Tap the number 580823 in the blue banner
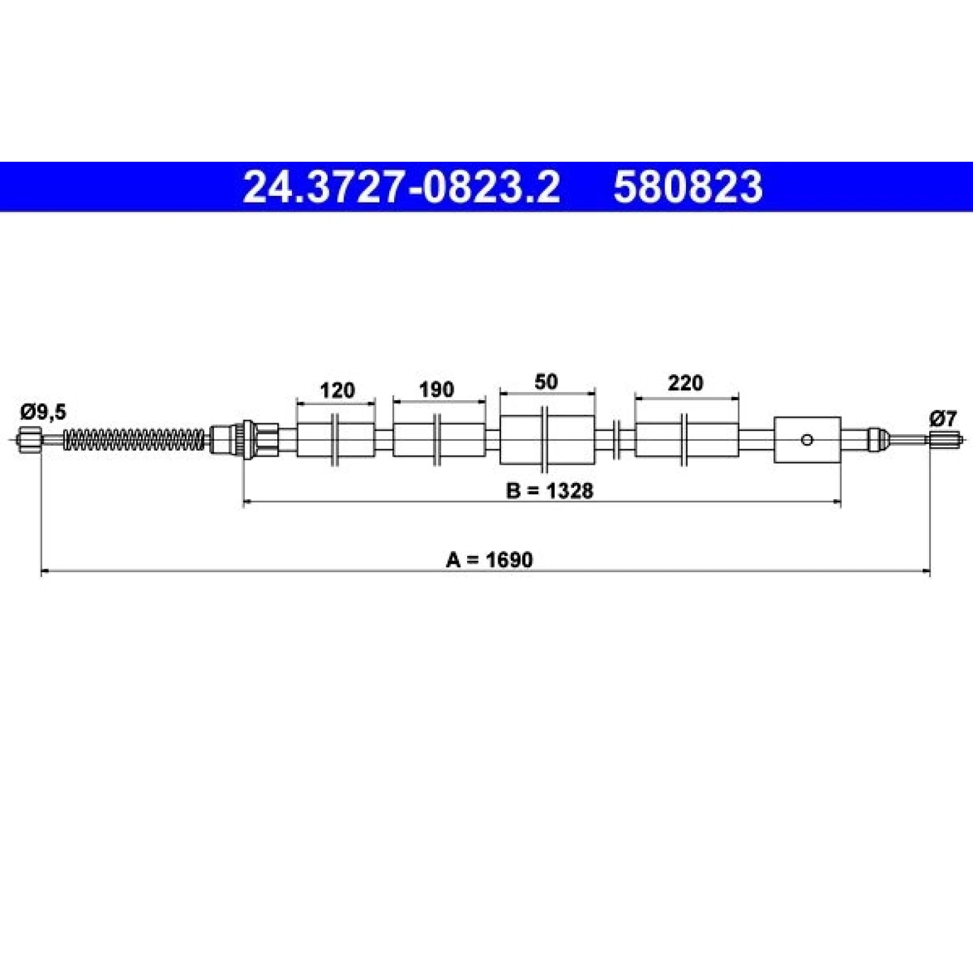[x=688, y=187]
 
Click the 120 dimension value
[x=337, y=390]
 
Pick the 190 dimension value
[x=437, y=389]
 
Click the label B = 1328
[x=549, y=490]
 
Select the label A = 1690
[x=489, y=559]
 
